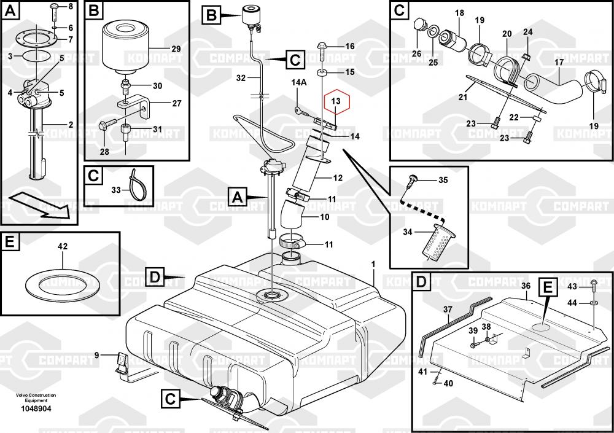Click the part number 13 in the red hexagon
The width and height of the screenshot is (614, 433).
point(335,101)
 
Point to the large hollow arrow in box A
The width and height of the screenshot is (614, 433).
point(39,205)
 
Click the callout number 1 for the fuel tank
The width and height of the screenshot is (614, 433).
point(372,264)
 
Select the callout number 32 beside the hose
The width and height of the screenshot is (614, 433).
point(241,78)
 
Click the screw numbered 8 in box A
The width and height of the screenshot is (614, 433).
point(54,7)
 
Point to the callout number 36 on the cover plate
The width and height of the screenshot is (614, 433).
point(526,286)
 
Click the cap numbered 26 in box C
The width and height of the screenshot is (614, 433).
point(421,24)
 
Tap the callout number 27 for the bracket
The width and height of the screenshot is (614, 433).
point(177,103)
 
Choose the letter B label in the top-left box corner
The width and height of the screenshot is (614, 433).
point(93,10)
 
